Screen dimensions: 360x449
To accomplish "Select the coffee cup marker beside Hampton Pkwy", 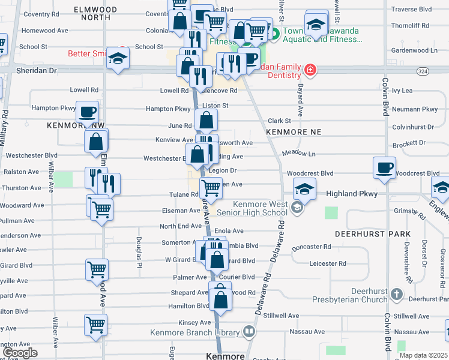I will [87, 112].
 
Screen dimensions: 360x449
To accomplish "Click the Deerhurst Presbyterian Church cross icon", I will [396, 294].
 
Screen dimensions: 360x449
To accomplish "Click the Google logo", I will [20, 353].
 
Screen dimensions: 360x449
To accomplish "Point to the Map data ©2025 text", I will [424, 355].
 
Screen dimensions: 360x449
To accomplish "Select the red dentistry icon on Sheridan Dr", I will [310, 70].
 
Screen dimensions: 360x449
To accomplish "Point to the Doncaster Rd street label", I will [311, 247].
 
